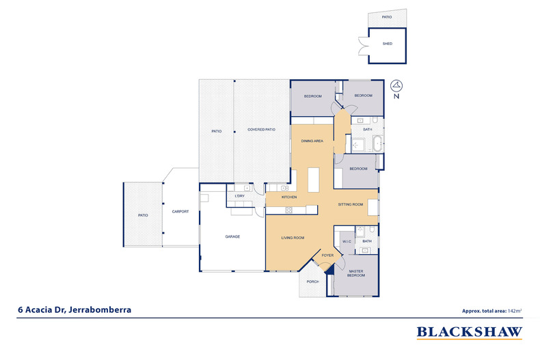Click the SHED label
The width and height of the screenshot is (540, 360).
coord(388,44)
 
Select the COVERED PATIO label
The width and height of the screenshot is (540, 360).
coord(261,130)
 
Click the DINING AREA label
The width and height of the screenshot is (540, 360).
coord(312,141)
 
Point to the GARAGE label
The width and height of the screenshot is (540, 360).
coord(232,237)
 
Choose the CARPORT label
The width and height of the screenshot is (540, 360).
coord(180,212)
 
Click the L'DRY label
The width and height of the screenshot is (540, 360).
coord(240,196)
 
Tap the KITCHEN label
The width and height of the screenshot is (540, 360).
coord(289,197)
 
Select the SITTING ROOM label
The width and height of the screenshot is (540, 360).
coord(351,204)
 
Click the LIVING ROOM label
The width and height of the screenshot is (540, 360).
coord(293,238)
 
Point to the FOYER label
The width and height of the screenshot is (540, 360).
coord(327,255)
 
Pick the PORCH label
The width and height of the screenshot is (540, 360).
coord(312,282)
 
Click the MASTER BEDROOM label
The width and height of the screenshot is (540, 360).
coord(355,273)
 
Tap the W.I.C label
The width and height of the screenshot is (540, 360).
coord(347,242)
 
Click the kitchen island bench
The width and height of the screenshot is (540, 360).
coord(313,180)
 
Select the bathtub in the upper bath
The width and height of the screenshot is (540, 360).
coord(378,144)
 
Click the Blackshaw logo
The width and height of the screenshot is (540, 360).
coord(470,333)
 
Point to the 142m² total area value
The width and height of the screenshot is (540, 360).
coord(515,311)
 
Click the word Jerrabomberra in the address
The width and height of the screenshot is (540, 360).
coord(100,309)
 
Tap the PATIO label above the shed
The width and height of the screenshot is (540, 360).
coord(387,17)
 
